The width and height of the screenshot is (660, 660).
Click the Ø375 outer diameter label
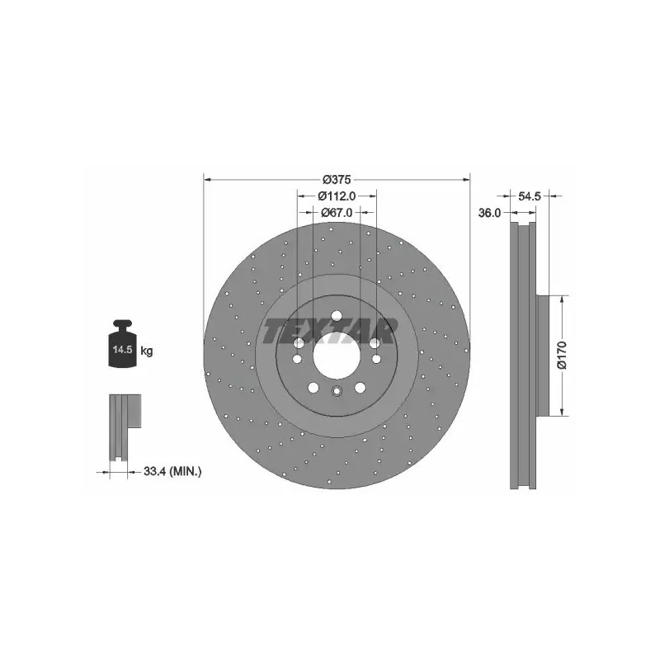[x=337, y=180]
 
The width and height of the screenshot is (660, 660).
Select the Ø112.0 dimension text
[x=337, y=196]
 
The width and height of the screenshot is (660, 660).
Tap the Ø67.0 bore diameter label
[x=337, y=213]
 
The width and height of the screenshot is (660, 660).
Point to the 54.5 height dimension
[x=529, y=196]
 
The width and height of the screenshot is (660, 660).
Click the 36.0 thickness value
[x=489, y=213]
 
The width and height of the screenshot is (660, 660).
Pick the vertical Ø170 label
[x=562, y=356]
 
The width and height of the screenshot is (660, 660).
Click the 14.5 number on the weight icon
[x=122, y=349]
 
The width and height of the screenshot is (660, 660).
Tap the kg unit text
[x=147, y=351]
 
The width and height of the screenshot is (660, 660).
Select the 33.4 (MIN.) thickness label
[x=172, y=471]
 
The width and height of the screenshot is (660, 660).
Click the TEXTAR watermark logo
[x=329, y=331]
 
